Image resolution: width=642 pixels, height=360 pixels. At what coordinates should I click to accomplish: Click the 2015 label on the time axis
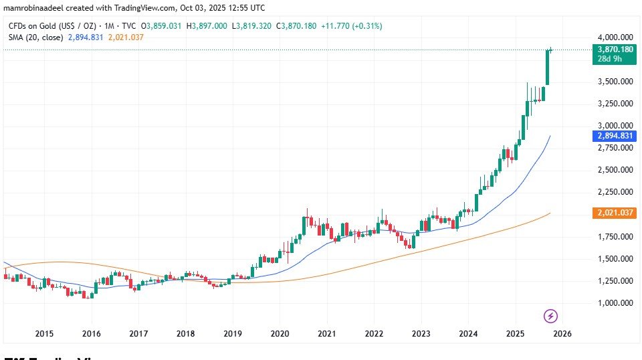coord(44,333)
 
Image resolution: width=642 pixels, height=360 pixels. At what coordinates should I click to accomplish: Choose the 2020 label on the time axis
coord(280,333)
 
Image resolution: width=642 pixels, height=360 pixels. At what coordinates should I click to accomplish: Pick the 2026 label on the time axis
coord(562,333)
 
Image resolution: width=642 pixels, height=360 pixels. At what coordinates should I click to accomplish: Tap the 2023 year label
coord(421,333)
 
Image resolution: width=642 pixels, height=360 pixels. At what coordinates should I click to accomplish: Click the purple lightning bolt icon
coord(550,315)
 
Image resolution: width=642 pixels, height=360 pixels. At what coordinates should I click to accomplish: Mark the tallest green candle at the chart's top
coord(547,67)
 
